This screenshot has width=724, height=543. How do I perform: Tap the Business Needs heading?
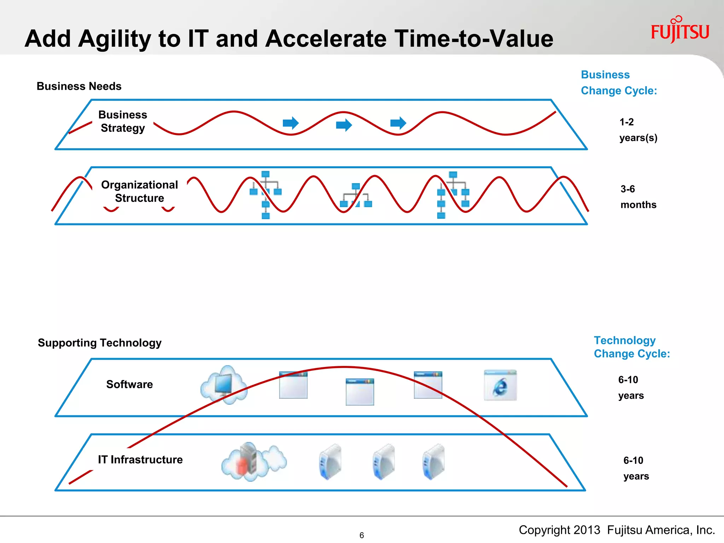(x=79, y=86)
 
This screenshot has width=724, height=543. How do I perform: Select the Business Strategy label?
(x=122, y=121)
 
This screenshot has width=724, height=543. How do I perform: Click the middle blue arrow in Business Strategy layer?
(x=344, y=125)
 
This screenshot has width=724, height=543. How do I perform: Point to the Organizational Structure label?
(x=139, y=191)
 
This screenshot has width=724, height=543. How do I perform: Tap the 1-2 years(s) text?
(x=638, y=130)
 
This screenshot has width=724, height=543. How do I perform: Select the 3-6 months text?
(x=638, y=197)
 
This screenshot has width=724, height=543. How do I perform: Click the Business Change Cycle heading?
(x=618, y=83)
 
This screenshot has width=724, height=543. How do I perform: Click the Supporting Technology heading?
(x=99, y=343)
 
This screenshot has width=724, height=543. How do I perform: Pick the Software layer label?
(x=129, y=384)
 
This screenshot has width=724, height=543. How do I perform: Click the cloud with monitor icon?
(x=224, y=385)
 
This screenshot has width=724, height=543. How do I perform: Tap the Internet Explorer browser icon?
(x=500, y=385)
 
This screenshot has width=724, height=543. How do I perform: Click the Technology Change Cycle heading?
(x=631, y=347)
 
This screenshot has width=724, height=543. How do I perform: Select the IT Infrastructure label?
(x=140, y=460)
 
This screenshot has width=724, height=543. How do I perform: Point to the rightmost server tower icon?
(x=434, y=461)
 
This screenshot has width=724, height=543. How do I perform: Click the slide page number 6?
(x=361, y=535)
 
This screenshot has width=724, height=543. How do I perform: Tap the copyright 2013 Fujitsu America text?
(x=617, y=530)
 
